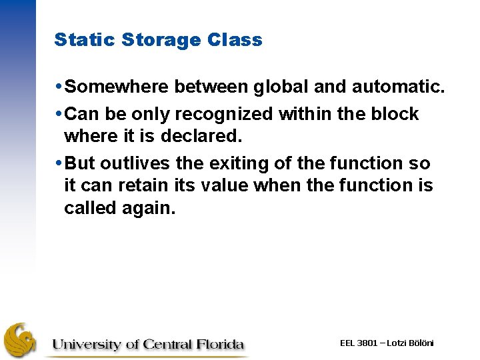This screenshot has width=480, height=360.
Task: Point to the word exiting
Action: (x=247, y=163)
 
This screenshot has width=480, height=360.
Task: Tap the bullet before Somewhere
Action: (x=61, y=87)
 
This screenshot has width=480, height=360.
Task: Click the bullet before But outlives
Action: (x=61, y=163)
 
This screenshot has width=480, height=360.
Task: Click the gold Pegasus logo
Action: (x=22, y=341)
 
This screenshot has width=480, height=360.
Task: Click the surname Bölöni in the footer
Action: (x=419, y=343)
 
